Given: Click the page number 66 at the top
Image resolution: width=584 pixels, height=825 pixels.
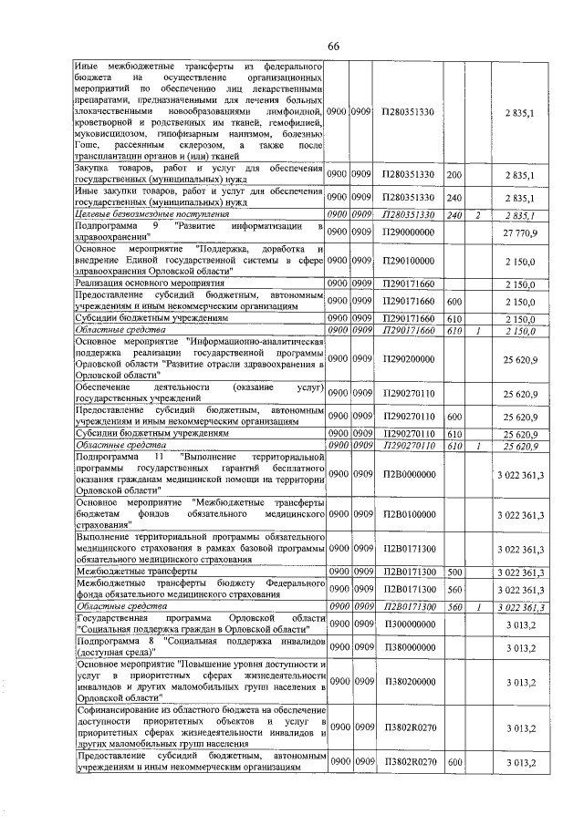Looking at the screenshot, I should point(334,46).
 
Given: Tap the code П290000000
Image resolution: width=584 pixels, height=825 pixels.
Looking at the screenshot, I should point(408,234).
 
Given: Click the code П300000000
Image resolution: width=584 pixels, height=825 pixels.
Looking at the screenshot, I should point(408,624).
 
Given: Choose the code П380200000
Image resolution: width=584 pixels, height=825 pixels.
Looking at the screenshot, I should point(408,681).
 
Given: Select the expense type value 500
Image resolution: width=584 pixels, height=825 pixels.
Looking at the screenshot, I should point(454,572).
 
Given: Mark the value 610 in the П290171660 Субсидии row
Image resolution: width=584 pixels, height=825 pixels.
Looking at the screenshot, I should point(454,318).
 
